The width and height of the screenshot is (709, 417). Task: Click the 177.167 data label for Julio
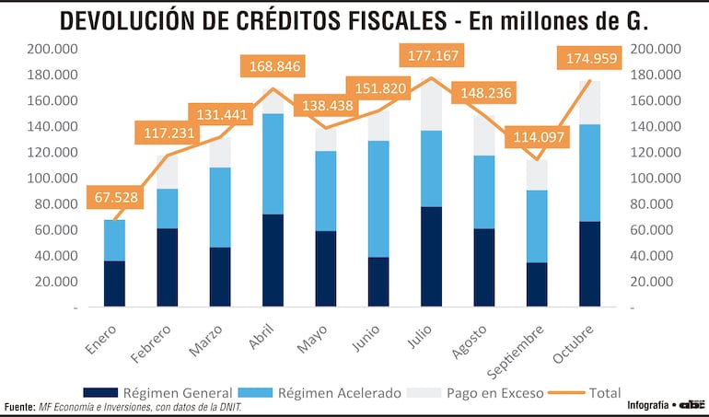432,57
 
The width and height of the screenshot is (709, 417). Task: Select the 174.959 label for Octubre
589,60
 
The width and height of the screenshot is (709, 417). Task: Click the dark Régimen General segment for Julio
431,256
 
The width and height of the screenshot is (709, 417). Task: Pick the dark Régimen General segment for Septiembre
537,284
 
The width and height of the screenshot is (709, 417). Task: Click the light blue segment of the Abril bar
273,164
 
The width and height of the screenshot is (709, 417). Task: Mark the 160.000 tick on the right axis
655,100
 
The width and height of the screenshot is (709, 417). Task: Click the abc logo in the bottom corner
692,405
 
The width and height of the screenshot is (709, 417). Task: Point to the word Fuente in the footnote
18,407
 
